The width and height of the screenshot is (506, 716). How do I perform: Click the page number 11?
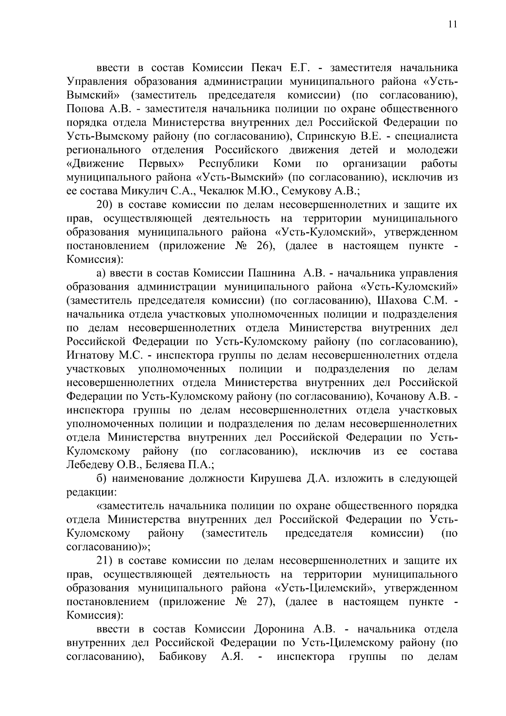coord(452,24)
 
